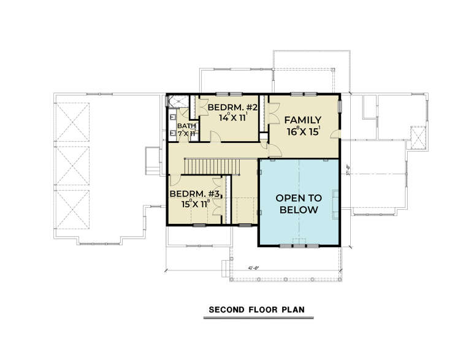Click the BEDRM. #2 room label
click(x=228, y=108)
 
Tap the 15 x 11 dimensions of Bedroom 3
click(x=193, y=204)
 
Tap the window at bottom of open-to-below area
click(x=299, y=245)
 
